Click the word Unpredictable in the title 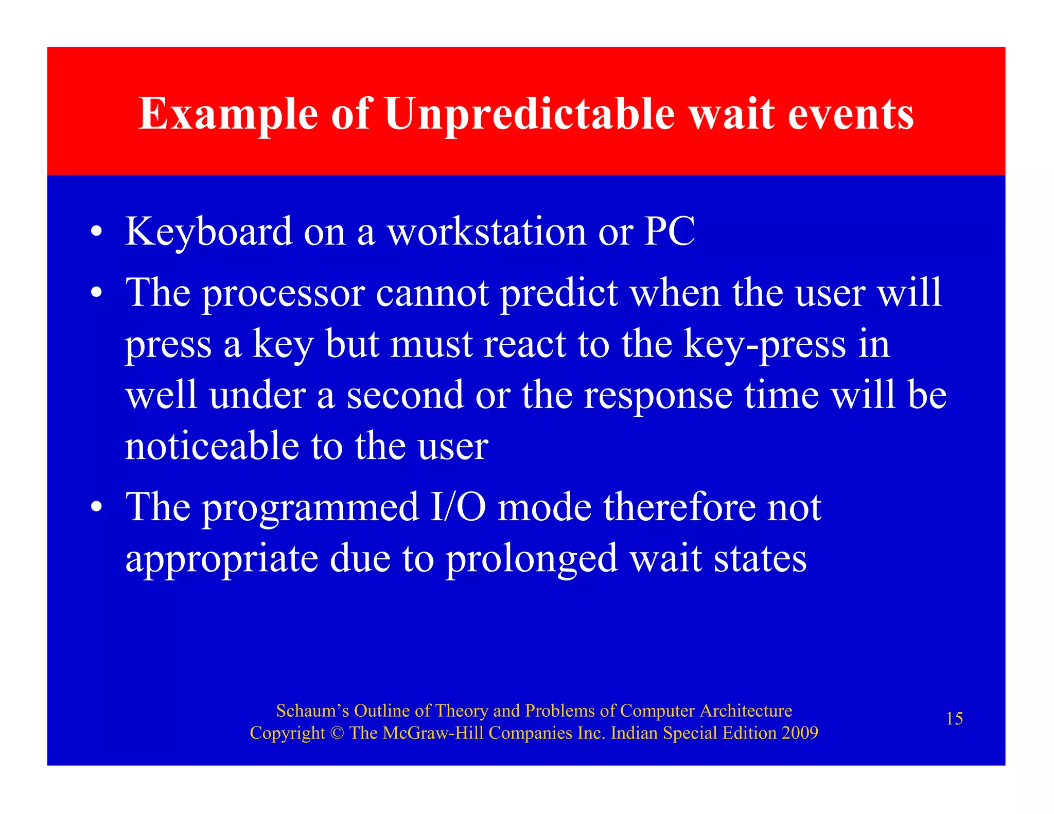[530, 114]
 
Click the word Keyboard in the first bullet [208, 232]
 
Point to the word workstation [486, 232]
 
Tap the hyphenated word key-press [764, 345]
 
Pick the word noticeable [212, 446]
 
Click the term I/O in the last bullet [458, 507]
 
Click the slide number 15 [954, 719]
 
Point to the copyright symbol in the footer [337, 733]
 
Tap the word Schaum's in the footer [312, 711]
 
